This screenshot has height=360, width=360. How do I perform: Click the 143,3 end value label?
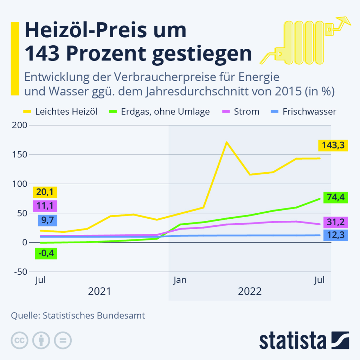click(x=333, y=145)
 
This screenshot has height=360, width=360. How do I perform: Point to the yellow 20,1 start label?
click(x=45, y=193)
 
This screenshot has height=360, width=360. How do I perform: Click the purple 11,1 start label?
click(x=45, y=206)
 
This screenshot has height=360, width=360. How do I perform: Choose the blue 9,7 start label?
click(x=45, y=220)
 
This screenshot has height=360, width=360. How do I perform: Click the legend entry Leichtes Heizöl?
click(x=60, y=112)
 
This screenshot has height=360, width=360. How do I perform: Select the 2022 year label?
click(x=250, y=291)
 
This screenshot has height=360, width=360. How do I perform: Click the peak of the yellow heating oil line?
click(x=227, y=142)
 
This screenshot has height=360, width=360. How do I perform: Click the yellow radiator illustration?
click(x=304, y=42)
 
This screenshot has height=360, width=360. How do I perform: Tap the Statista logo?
click(x=304, y=341)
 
